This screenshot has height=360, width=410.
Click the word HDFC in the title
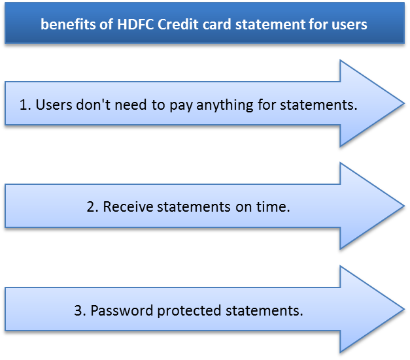click(x=135, y=24)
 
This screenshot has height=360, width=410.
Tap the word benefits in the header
click(x=68, y=24)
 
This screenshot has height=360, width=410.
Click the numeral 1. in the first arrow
click(x=26, y=105)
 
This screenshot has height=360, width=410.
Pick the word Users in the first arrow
click(x=54, y=105)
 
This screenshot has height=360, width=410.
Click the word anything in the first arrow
click(x=224, y=106)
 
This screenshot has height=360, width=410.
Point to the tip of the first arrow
click(x=404, y=103)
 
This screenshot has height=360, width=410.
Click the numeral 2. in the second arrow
click(x=93, y=206)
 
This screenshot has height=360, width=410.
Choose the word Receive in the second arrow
click(x=128, y=206)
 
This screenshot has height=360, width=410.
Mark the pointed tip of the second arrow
click(x=404, y=206)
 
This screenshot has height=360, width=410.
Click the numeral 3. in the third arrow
click(x=80, y=310)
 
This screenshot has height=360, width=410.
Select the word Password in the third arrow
click(x=122, y=310)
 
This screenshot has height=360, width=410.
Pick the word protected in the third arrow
click(x=190, y=312)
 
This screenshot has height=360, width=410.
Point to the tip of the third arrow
click(x=404, y=309)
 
